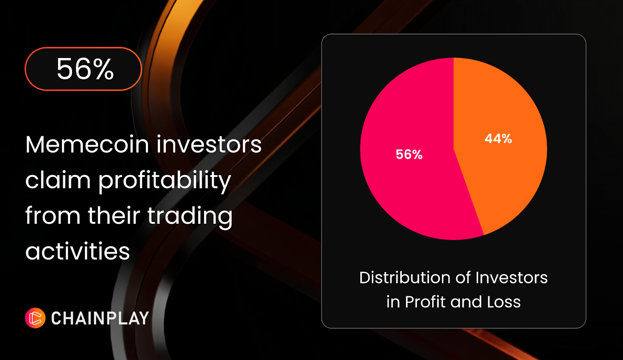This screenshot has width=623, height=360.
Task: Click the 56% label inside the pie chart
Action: (409, 154)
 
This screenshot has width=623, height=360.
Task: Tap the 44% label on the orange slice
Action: (498, 139)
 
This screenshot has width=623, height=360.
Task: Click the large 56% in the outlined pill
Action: (85, 69)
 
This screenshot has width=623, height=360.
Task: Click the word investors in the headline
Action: (209, 144)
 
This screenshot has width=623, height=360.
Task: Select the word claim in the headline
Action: (58, 179)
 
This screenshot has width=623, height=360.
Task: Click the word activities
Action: (77, 251)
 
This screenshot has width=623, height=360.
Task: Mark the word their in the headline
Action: (114, 215)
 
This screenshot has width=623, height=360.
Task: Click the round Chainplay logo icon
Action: (35, 318)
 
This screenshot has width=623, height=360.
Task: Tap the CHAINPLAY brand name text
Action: (100, 318)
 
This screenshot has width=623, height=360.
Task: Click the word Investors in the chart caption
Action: (512, 278)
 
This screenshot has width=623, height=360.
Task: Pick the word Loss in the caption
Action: (504, 302)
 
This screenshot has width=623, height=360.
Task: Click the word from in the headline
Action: (53, 215)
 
